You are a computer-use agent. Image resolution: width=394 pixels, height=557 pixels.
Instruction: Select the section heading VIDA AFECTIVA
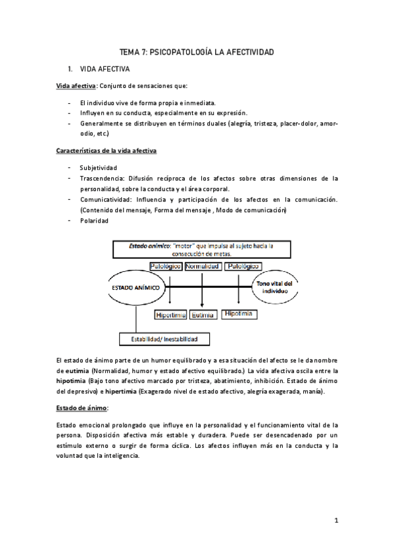point(105,68)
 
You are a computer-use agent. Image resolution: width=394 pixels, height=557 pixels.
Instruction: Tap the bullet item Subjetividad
point(98,167)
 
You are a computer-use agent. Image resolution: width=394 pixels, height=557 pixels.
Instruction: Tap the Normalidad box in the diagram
point(203,267)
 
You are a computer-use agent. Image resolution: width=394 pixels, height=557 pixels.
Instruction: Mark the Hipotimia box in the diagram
point(238,314)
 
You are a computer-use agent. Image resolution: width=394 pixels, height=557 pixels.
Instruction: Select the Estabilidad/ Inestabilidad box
point(164,340)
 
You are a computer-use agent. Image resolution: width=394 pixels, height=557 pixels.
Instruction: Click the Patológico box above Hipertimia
point(164,267)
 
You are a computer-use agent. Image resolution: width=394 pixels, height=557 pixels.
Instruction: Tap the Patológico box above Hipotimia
point(243,267)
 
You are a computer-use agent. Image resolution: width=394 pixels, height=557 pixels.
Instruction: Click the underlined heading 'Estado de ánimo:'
point(81,408)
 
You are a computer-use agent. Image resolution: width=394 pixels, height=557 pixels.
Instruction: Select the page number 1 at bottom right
point(335,521)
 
